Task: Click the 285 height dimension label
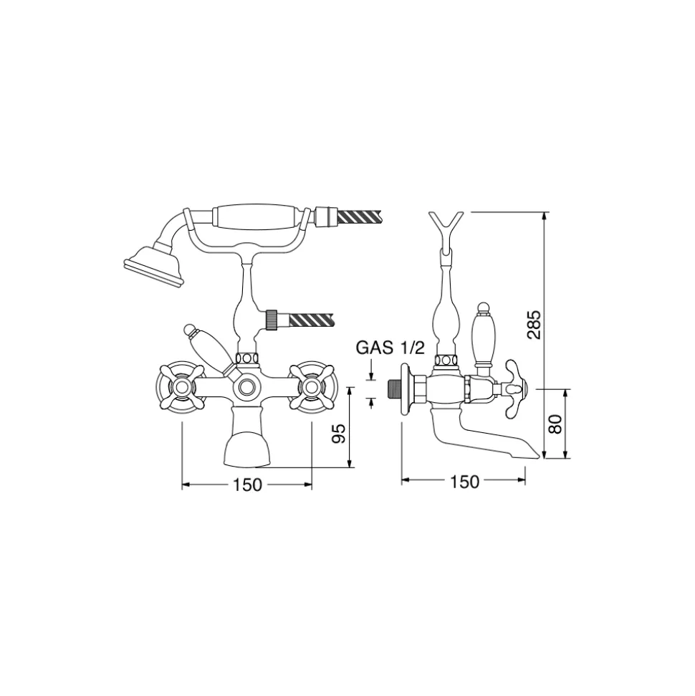point(534,324)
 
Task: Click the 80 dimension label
point(555,424)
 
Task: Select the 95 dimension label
point(339,433)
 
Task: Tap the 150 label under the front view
point(248,485)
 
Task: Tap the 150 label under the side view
point(465,482)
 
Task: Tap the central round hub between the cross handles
point(246,388)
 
